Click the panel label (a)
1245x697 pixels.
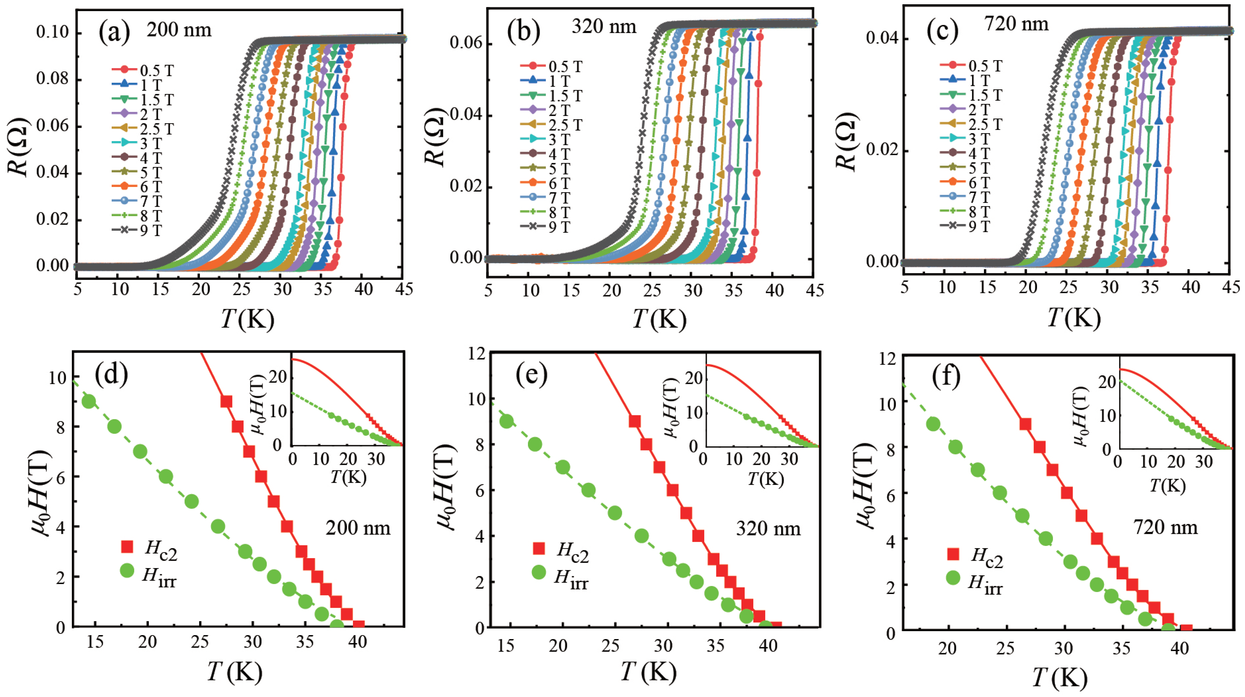(x=114, y=32)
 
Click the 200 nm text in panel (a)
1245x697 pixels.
(x=179, y=30)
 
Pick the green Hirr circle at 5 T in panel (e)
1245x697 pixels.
(x=615, y=513)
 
